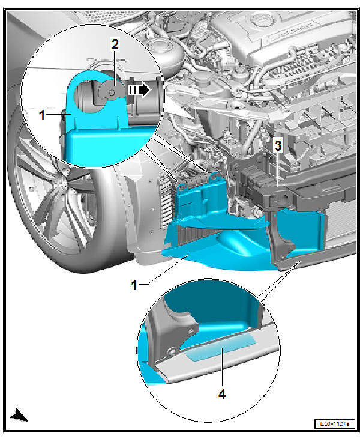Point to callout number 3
pos(277,145)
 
